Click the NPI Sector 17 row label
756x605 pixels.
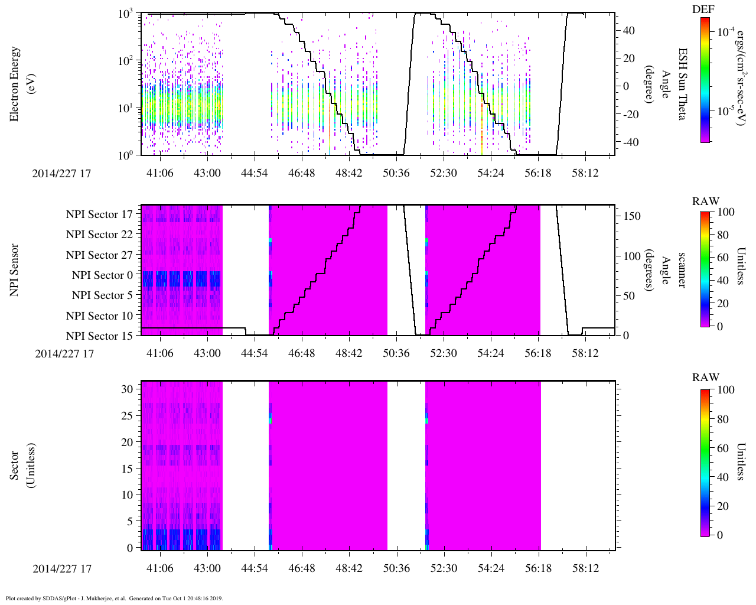[x=99, y=214]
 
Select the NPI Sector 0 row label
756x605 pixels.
[x=103, y=275]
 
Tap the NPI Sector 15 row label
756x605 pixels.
[x=99, y=336]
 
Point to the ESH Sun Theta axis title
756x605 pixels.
[x=682, y=84]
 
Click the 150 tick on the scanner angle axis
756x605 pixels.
[x=632, y=217]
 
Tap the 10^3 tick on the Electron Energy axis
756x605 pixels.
[x=125, y=14]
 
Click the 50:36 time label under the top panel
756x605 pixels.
[x=396, y=174]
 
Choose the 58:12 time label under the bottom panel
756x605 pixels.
[x=585, y=568]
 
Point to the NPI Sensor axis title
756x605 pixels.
[x=15, y=270]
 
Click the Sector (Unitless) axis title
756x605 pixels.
[x=21, y=466]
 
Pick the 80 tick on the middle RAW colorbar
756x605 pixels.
[x=726, y=235]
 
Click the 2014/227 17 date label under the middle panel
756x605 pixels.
[x=64, y=354]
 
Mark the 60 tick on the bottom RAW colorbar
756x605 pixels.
[x=726, y=448]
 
